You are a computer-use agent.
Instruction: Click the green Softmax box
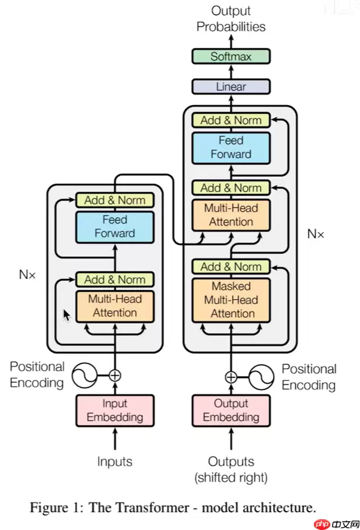point(230,56)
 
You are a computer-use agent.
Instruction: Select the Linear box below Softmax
point(230,87)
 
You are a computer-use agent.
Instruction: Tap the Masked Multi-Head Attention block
point(230,300)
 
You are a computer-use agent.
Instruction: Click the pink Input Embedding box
point(115,410)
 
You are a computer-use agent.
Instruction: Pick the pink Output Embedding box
point(230,410)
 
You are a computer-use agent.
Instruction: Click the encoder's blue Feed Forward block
point(115,226)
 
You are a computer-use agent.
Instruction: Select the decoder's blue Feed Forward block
point(230,147)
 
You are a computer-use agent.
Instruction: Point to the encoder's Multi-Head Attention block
point(115,305)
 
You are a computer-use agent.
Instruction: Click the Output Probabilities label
point(230,18)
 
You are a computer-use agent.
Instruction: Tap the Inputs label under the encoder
point(115,462)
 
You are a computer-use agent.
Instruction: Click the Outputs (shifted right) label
point(230,469)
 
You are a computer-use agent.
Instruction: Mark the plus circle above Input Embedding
point(115,375)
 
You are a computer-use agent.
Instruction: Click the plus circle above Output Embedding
point(230,376)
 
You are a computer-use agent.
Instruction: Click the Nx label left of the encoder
point(27,274)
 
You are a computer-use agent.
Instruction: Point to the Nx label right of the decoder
point(316,233)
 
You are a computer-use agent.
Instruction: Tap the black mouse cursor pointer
point(67,315)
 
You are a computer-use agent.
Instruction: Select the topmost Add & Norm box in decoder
point(230,120)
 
